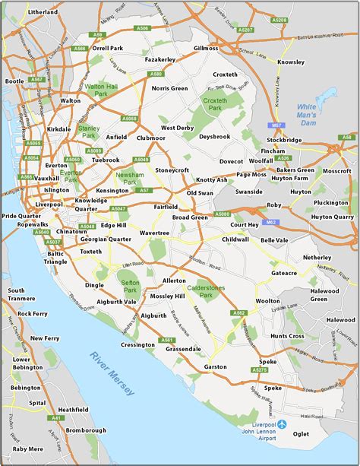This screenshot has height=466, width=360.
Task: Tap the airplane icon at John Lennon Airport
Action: [x=283, y=423]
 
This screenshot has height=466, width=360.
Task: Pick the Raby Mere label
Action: [x=27, y=449]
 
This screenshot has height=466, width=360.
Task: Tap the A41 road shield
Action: [x=34, y=418]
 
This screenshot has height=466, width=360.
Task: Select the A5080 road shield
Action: [x=222, y=214]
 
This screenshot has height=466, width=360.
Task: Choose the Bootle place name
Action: [x=14, y=81]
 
